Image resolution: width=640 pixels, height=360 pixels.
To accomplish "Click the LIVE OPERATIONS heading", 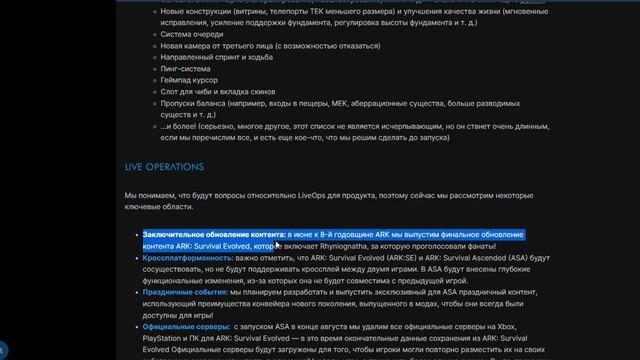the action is [x=164, y=166].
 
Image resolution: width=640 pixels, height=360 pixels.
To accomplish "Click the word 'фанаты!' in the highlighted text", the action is [x=502, y=244].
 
